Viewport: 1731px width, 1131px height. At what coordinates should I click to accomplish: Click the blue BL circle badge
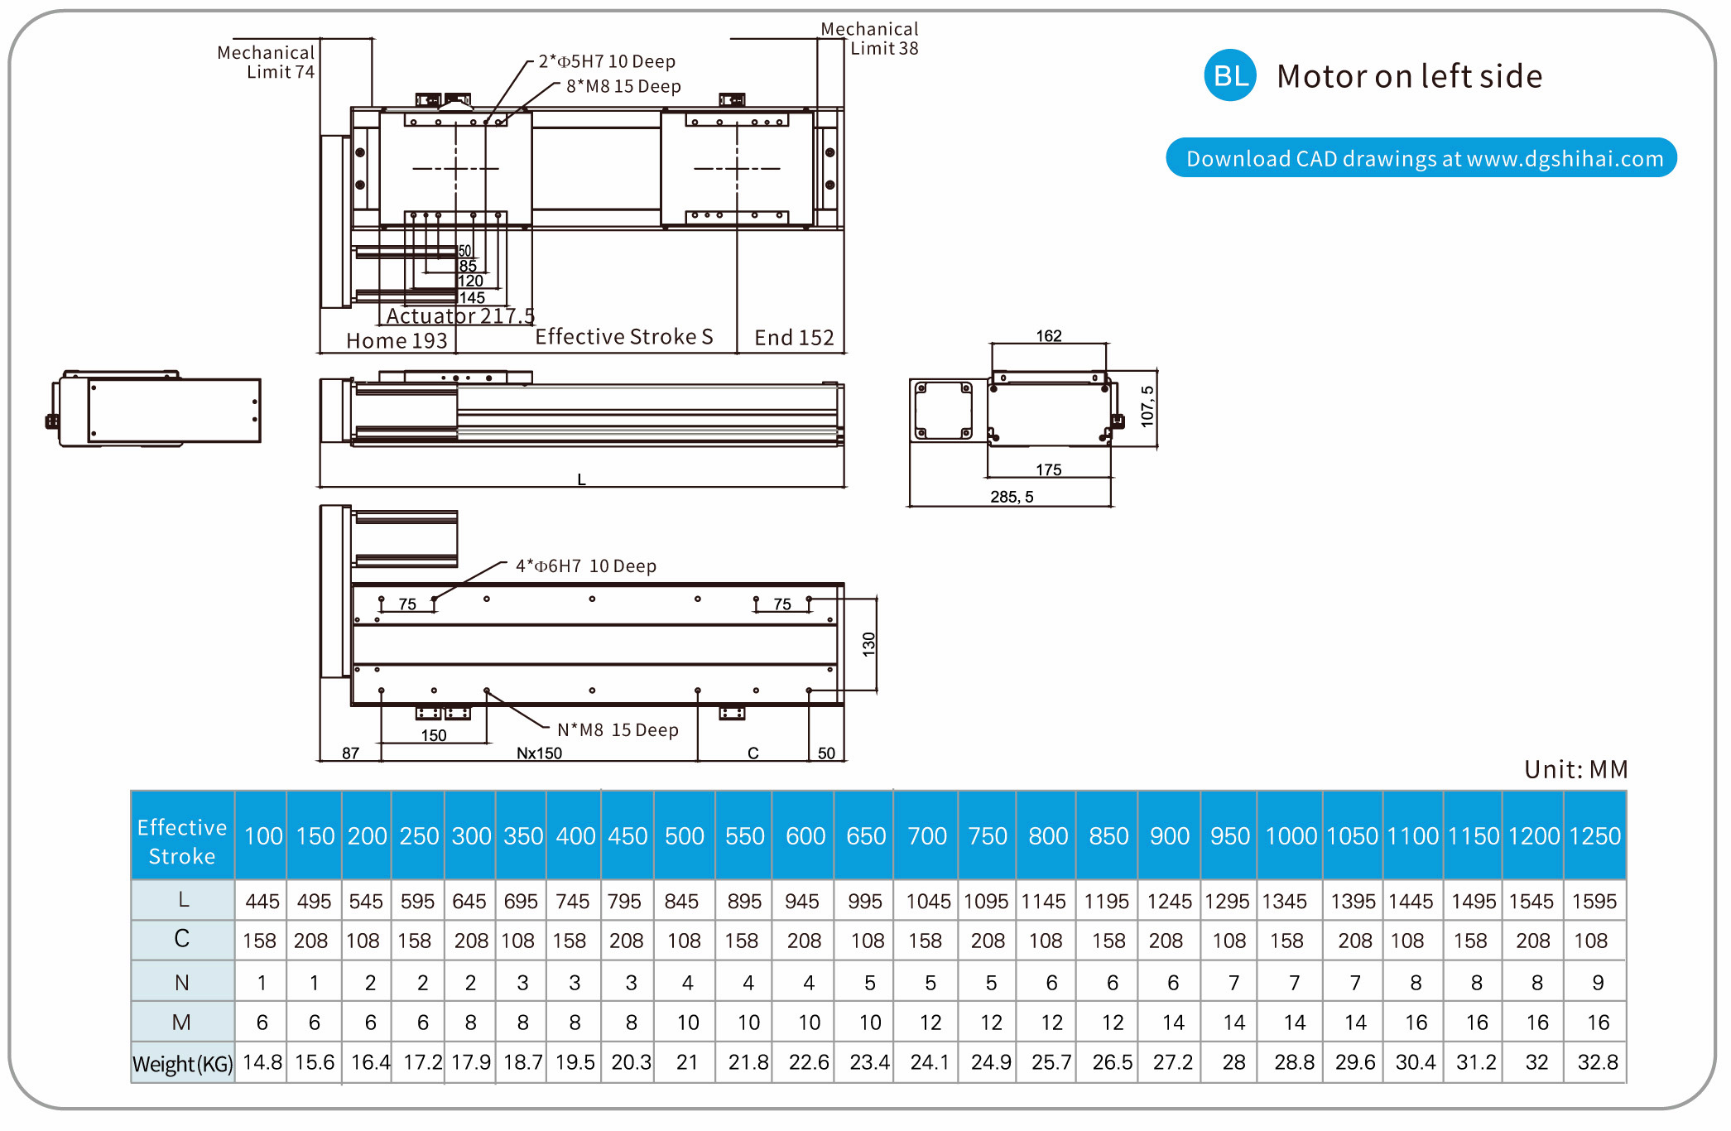pos(1230,75)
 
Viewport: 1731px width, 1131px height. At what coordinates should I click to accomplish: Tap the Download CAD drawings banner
pos(1421,158)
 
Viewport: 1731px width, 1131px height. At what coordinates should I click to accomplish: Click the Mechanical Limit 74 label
pos(266,62)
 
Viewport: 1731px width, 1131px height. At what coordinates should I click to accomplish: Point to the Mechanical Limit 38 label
pos(869,39)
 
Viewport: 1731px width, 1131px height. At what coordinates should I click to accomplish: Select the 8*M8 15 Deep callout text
pos(623,87)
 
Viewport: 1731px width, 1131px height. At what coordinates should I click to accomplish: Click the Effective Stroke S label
pos(623,337)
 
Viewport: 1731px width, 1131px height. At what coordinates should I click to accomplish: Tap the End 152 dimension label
pos(794,338)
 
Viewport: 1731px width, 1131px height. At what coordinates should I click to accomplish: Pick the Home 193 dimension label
pos(397,341)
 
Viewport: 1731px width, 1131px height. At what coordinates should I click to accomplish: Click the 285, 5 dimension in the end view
pos(1012,497)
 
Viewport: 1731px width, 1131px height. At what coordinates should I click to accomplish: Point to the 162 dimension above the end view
pos(1049,336)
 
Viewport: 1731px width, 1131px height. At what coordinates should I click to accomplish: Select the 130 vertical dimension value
pos(868,644)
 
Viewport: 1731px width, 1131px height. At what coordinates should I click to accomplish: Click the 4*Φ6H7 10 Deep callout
pos(586,566)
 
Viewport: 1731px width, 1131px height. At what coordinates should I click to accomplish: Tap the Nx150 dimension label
pos(539,753)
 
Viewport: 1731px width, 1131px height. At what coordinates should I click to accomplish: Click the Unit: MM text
pos(1575,770)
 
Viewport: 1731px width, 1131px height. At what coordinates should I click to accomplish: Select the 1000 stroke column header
pos(1291,836)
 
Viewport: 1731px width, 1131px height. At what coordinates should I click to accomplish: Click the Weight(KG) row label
pos(183,1063)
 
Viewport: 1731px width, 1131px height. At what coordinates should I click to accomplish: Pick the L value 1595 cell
pos(1594,901)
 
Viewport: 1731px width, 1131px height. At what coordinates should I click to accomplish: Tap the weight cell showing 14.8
pos(262,1062)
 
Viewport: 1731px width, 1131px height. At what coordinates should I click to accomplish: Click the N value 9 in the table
pos(1598,983)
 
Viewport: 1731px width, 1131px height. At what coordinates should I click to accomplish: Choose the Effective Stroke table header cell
pos(182,841)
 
